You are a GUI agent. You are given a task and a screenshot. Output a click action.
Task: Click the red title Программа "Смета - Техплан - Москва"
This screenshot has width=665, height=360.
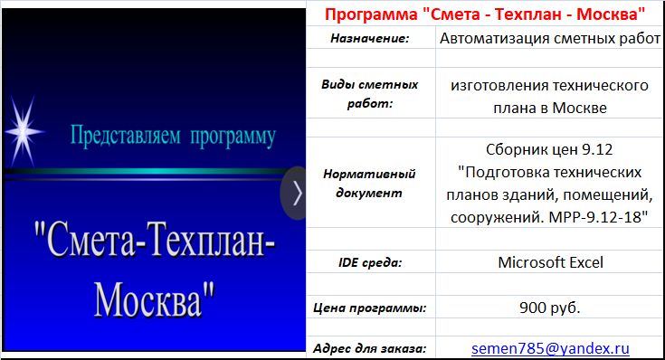tap(484, 14)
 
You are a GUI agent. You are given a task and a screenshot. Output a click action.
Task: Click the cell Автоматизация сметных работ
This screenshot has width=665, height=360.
tap(550, 39)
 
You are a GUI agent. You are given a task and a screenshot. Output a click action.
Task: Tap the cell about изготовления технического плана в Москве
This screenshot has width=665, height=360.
tap(550, 96)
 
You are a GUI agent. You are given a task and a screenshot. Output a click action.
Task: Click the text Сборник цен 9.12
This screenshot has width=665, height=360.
tap(550, 148)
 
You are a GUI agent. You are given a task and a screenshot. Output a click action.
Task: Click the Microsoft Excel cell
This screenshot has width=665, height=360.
tap(550, 262)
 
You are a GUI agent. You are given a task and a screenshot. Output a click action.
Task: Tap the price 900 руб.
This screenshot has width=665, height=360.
tap(550, 307)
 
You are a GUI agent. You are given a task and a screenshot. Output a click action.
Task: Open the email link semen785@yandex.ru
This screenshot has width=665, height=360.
tap(550, 348)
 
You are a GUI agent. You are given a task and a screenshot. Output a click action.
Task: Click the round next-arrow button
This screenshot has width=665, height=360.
tap(296, 192)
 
